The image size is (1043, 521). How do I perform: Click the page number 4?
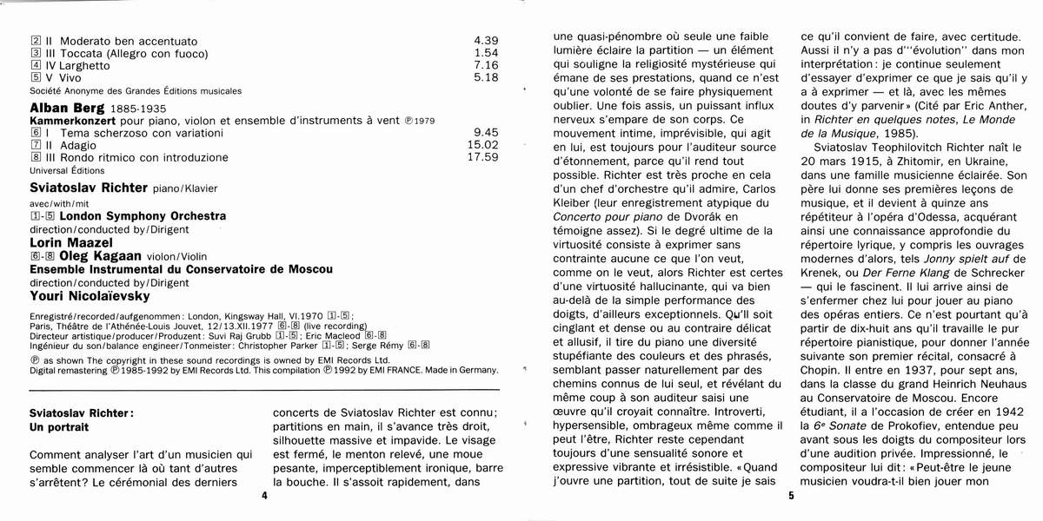point(263,496)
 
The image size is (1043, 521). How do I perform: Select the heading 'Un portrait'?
point(61,429)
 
